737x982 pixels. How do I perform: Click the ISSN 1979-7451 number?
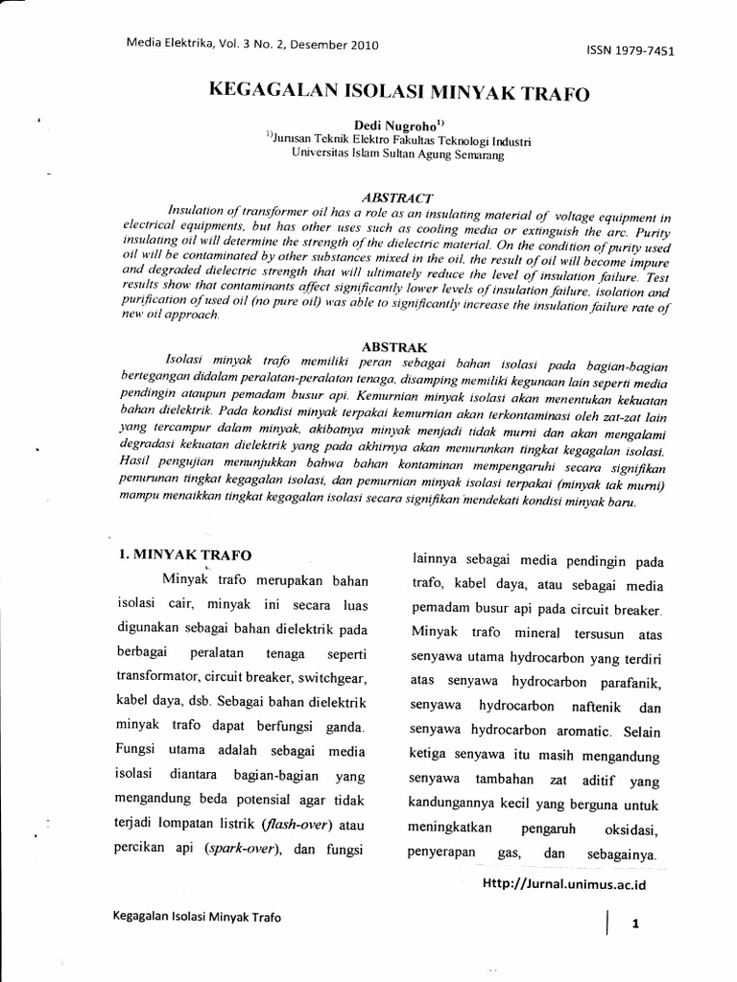click(630, 51)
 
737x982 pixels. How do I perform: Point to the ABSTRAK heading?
click(389, 345)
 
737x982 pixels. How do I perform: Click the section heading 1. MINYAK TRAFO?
click(184, 554)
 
